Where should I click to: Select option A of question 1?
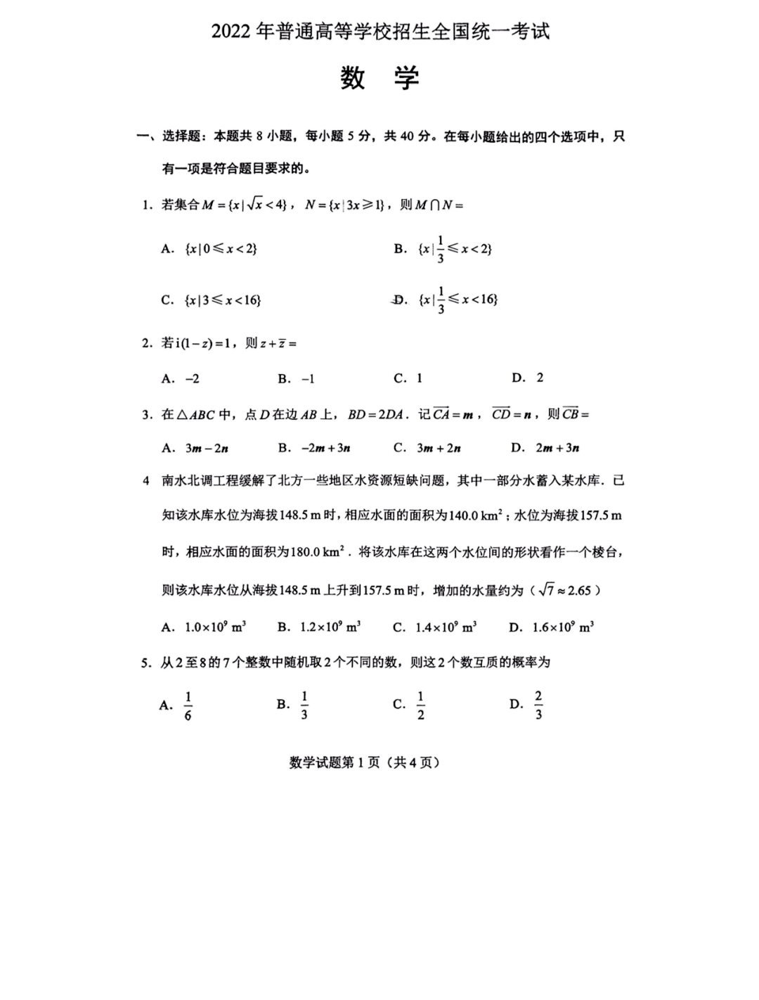click(x=210, y=249)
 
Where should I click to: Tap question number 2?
click(x=147, y=343)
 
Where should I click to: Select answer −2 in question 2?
click(x=192, y=378)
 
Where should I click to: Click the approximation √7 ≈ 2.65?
click(x=565, y=590)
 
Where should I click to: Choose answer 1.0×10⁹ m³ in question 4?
click(x=215, y=627)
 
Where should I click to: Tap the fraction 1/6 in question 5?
click(x=188, y=705)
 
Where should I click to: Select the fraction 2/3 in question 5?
click(x=538, y=705)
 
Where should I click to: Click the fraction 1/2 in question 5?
click(x=420, y=705)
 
